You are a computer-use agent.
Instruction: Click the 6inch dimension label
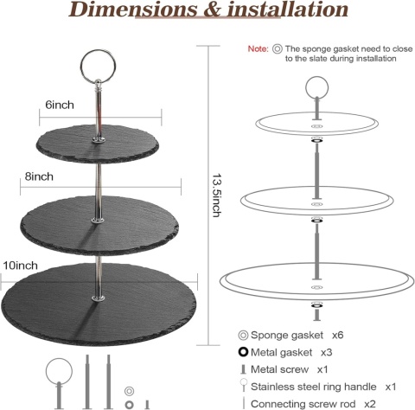tap(60, 105)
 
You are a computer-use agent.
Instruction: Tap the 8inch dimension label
tap(39, 176)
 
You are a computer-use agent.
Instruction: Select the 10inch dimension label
tap(20, 266)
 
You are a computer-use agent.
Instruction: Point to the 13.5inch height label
tap(216, 195)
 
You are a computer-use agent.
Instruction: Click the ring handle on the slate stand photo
tap(98, 52)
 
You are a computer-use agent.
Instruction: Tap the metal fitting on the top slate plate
tap(99, 140)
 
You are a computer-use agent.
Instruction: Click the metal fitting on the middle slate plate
tap(98, 221)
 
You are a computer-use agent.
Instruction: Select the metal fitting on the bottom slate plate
tap(98, 298)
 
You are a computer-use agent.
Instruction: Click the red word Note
tap(258, 48)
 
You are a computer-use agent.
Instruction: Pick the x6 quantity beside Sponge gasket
tap(337, 335)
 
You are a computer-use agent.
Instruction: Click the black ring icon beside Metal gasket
tap(243, 352)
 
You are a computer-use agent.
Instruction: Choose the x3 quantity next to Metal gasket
tap(326, 352)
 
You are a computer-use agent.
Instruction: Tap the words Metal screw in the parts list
tap(279, 369)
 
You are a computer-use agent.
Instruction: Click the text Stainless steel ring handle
tap(314, 387)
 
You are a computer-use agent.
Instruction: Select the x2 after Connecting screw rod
tap(370, 404)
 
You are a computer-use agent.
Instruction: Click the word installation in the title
tap(288, 10)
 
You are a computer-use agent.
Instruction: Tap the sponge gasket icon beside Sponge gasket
tap(243, 335)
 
